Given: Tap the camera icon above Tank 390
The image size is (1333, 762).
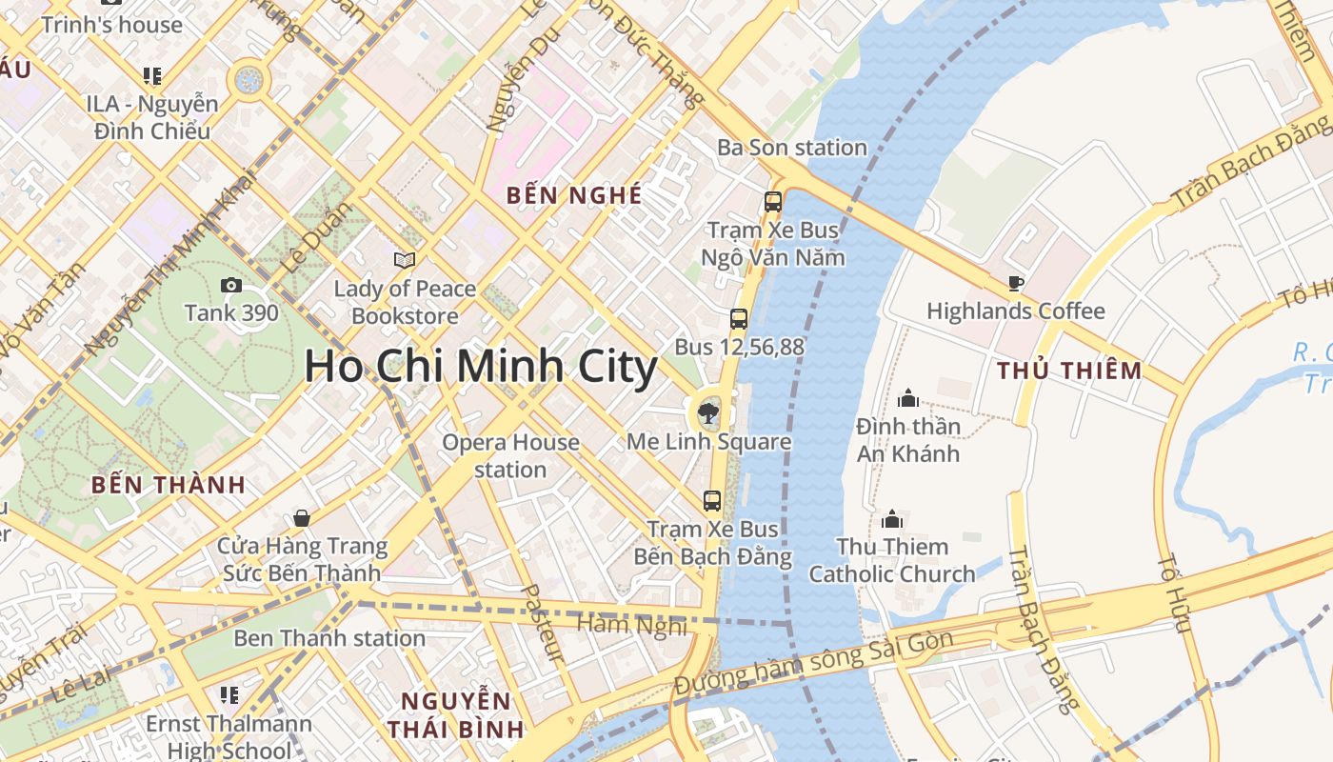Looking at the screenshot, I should (230, 285).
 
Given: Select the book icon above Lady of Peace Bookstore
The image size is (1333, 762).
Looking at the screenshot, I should (405, 260).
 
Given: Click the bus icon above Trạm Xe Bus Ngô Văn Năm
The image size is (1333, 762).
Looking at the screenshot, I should (772, 202).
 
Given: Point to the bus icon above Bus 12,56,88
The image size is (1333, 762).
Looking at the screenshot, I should (739, 319).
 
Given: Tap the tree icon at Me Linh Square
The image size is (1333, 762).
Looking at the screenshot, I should (707, 413).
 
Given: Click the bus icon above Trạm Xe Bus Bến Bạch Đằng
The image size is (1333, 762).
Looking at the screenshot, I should (711, 500).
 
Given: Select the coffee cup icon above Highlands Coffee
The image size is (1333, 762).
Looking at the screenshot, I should (1015, 283).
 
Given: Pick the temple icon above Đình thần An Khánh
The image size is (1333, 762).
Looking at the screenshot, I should (907, 397).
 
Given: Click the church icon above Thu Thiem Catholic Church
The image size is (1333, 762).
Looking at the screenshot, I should (892, 519).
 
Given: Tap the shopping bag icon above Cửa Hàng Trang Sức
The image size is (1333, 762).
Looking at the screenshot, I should (302, 518).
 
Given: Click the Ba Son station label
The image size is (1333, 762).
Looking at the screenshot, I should (792, 148).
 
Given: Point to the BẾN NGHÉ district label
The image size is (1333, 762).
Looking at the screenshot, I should (574, 196).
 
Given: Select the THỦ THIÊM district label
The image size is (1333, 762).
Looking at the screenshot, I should (1068, 371).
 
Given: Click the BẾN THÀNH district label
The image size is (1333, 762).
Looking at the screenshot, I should (169, 485).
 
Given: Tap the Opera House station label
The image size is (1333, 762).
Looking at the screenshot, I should (510, 455).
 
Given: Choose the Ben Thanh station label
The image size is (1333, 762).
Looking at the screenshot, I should (329, 638).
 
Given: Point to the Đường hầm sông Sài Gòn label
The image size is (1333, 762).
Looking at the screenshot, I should (813, 664).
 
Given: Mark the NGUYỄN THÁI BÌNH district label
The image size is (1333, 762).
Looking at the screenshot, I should (455, 715).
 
